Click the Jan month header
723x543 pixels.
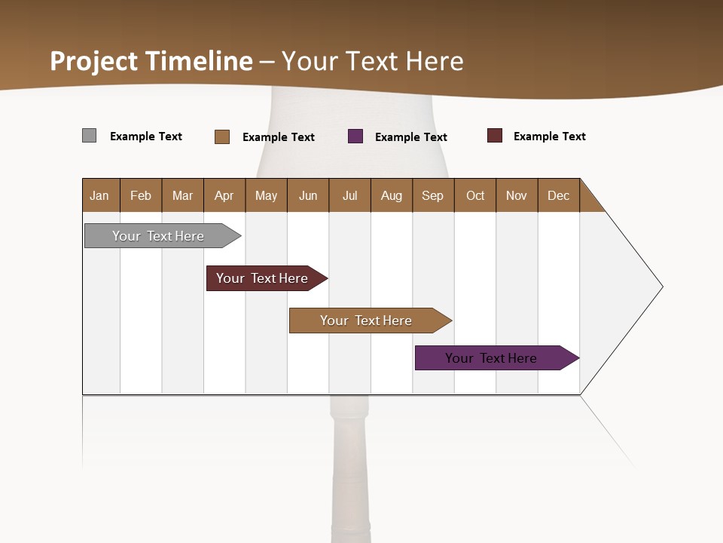click(100, 195)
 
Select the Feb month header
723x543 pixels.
click(141, 195)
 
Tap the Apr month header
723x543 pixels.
click(224, 195)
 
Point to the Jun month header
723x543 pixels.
click(308, 195)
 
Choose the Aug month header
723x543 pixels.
click(392, 195)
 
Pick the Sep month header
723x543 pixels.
click(433, 195)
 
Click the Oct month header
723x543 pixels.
click(475, 195)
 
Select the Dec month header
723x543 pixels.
click(559, 195)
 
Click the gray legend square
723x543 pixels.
click(90, 136)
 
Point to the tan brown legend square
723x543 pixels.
click(222, 137)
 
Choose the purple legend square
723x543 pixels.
click(355, 137)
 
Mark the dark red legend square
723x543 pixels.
click(495, 136)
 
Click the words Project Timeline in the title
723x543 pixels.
click(151, 61)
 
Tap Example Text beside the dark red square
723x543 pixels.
click(550, 137)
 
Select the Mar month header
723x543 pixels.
click(182, 195)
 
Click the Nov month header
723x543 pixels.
click(517, 195)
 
